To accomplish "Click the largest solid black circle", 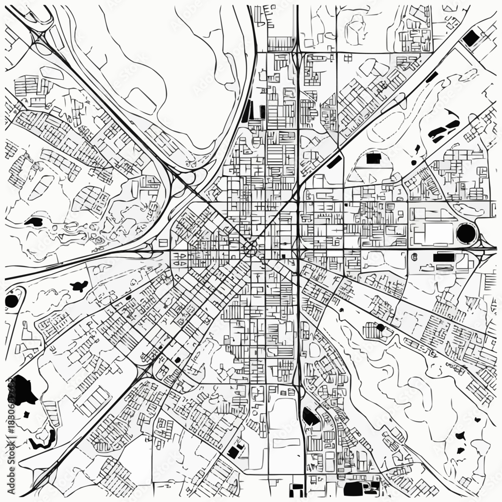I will click(466, 233).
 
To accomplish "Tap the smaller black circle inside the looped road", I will click(12, 301).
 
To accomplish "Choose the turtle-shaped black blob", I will click(79, 287).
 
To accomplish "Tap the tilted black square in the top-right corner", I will click(470, 38).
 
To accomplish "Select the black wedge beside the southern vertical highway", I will click(310, 416).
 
